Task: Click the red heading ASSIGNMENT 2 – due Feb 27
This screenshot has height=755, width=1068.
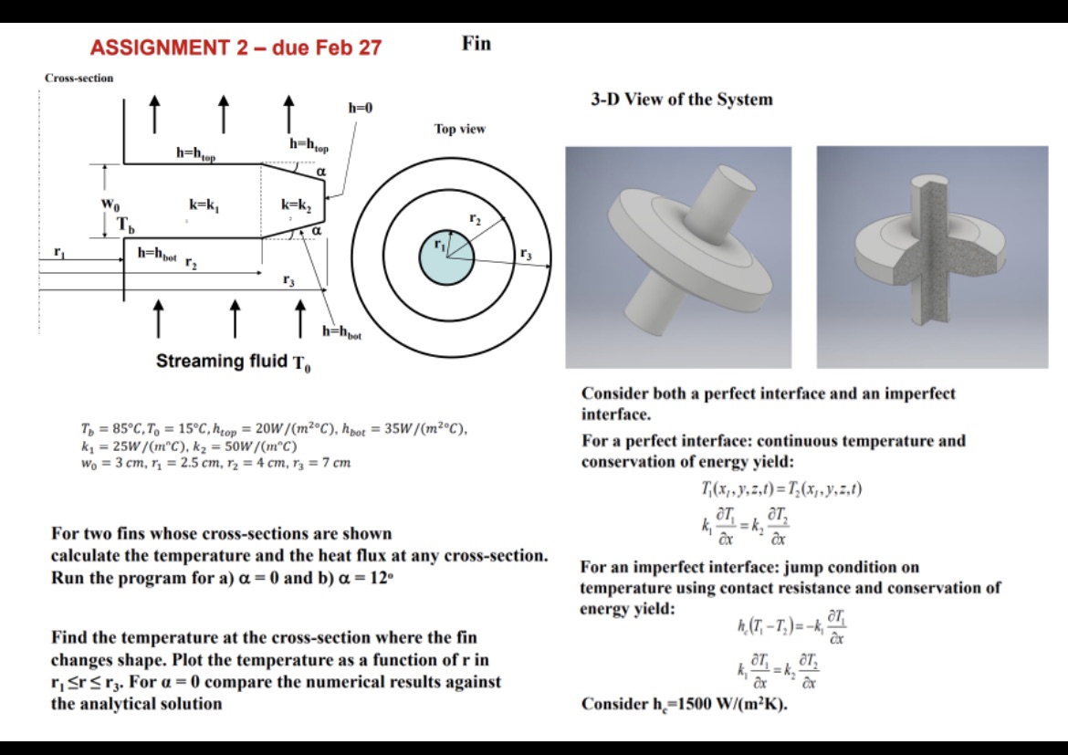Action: pyautogui.click(x=236, y=47)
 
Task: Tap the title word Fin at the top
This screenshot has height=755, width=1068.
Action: pyautogui.click(x=476, y=44)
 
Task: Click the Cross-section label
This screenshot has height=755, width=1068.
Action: pyautogui.click(x=79, y=79)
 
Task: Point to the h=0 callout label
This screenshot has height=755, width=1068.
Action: pyautogui.click(x=361, y=109)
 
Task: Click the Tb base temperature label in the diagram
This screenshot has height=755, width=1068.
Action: pyautogui.click(x=124, y=225)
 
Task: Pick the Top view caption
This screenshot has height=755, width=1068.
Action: pyautogui.click(x=460, y=130)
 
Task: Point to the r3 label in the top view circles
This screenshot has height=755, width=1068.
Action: pyautogui.click(x=526, y=255)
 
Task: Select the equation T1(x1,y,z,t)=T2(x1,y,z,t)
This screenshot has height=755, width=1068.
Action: pyautogui.click(x=780, y=489)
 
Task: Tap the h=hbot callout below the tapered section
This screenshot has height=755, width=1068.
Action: pyautogui.click(x=342, y=335)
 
